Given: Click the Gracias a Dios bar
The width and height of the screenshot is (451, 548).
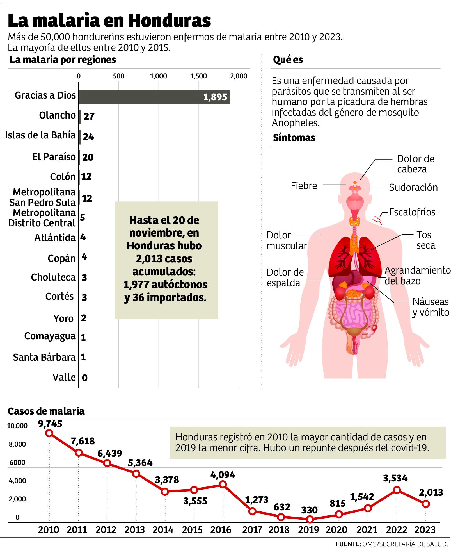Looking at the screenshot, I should coord(154,97).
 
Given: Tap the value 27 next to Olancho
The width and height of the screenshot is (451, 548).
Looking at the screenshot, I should coord(89,116).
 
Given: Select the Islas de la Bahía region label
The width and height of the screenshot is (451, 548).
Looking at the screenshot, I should coord(41,135).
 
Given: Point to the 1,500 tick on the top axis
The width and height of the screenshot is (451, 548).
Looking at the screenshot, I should coord(198,76).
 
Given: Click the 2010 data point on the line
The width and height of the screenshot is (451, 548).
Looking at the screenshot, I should coord(49,433).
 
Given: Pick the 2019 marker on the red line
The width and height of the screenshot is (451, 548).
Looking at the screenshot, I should coord(310,520).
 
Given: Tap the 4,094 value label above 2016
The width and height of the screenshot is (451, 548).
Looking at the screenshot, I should coord(223,475).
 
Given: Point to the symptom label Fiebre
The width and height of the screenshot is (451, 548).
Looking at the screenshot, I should coord(304,186).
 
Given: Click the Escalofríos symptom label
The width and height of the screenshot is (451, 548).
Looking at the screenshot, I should coord(412,212).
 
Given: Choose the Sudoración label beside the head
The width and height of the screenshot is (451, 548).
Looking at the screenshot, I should coord(413,187).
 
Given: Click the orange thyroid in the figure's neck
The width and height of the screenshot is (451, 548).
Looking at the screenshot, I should coord(355,222).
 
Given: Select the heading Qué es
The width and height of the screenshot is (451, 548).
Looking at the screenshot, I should coord(288,60).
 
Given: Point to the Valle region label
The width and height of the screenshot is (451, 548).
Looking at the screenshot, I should coord(64,377).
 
